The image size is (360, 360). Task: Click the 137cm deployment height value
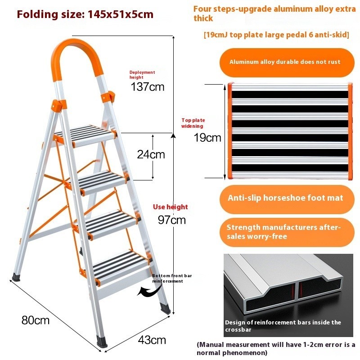[148, 87]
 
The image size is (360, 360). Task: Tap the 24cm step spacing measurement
[151, 154]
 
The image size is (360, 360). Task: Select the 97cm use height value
[172, 220]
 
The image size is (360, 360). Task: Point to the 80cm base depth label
[36, 320]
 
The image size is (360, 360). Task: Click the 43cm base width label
[152, 340]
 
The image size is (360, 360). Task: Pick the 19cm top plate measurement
[207, 138]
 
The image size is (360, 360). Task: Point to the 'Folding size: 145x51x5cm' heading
[85, 14]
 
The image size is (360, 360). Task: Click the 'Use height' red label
[171, 207]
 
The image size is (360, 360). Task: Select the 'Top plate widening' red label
[193, 123]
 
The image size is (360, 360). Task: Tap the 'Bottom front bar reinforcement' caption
[172, 278]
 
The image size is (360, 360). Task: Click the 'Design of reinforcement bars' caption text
[283, 326]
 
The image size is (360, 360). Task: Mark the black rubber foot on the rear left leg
[16, 277]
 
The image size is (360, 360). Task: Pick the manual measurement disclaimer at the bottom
[276, 348]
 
